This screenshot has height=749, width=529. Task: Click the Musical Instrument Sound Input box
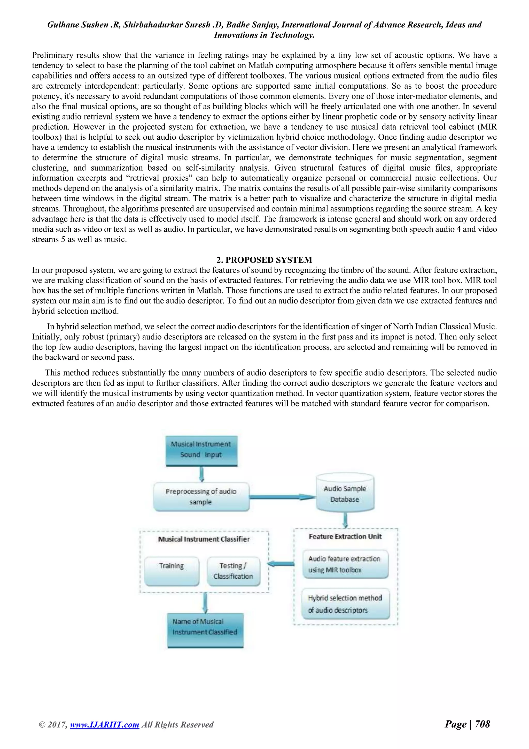pyautogui.click(x=201, y=450)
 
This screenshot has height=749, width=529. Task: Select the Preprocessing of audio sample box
pyautogui.click(x=201, y=496)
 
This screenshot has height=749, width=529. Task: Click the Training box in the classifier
pyautogui.click(x=172, y=571)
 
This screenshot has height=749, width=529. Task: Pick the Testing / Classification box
pyautogui.click(x=233, y=571)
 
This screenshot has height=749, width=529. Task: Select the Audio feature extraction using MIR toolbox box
pyautogui.click(x=345, y=564)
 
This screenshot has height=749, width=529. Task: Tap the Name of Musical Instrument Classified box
pyautogui.click(x=205, y=630)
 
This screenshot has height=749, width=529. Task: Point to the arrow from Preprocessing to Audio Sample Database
pyautogui.click(x=282, y=497)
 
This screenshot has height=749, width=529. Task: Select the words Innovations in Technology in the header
pyautogui.click(x=264, y=35)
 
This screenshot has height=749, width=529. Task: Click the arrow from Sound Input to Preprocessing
pyautogui.click(x=201, y=474)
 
